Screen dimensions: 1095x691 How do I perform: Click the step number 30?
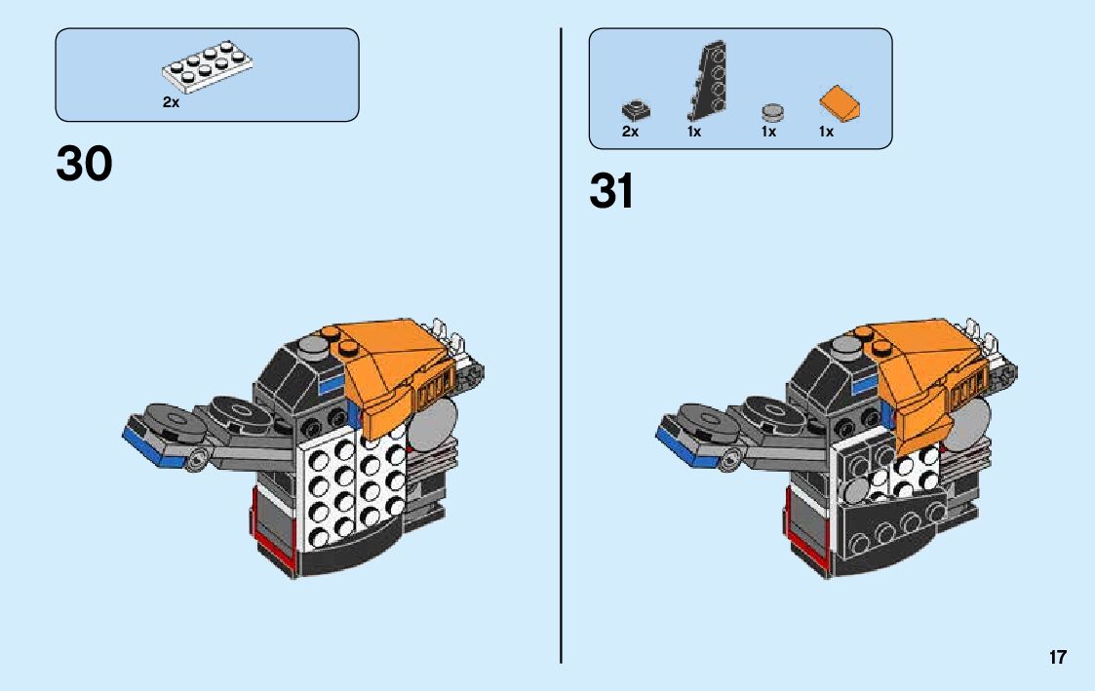pyautogui.click(x=85, y=164)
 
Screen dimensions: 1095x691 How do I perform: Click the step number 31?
pyautogui.click(x=611, y=192)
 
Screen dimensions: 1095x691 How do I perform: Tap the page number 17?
pyautogui.click(x=1058, y=658)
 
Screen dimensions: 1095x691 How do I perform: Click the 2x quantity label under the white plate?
pyautogui.click(x=171, y=102)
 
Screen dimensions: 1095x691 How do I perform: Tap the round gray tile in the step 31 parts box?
pyautogui.click(x=772, y=110)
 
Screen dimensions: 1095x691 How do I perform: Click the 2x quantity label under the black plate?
pyautogui.click(x=630, y=132)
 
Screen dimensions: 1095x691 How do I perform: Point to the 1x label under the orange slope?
pyautogui.click(x=826, y=132)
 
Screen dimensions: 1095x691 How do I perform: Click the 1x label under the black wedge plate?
pyautogui.click(x=694, y=132)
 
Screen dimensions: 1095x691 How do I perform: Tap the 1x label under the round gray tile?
pyautogui.click(x=768, y=132)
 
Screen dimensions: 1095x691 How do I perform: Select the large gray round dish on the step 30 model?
pyautogui.click(x=436, y=421)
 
